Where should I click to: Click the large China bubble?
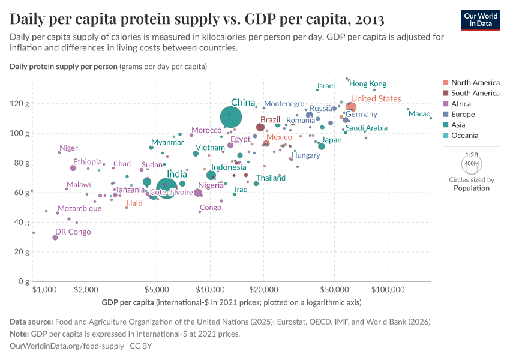pyautogui.click(x=231, y=118)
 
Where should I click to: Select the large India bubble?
pyautogui.click(x=167, y=188)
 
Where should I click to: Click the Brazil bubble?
pyautogui.click(x=260, y=127)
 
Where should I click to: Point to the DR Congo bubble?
pyautogui.click(x=55, y=238)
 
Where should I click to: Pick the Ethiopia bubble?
pyautogui.click(x=73, y=168)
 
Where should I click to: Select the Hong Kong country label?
pyautogui.click(x=368, y=84)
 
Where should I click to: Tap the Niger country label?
pyautogui.click(x=68, y=148)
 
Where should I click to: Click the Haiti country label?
pyautogui.click(x=134, y=203)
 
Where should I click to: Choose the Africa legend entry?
pyautogui.click(x=462, y=104)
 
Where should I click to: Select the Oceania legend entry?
pyautogui.click(x=464, y=136)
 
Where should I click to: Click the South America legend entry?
pyautogui.click(x=475, y=93)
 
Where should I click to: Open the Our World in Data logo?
pyautogui.click(x=481, y=19)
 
